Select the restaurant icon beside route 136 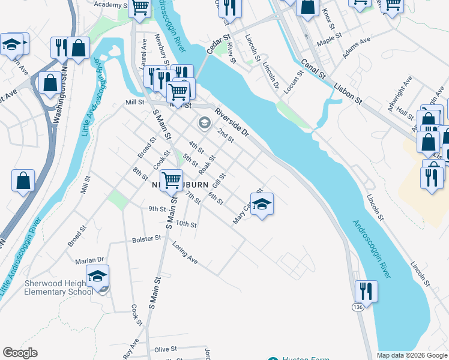[366, 292]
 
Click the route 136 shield [358, 307]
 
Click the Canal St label [313, 68]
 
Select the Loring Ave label [184, 256]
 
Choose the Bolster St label [146, 239]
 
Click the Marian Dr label [89, 260]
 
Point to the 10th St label [186, 224]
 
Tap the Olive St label [166, 349]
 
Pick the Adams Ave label [357, 49]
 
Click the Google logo [20, 353]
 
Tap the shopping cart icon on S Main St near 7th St [172, 179]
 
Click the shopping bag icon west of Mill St [23, 180]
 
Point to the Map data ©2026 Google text [412, 355]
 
